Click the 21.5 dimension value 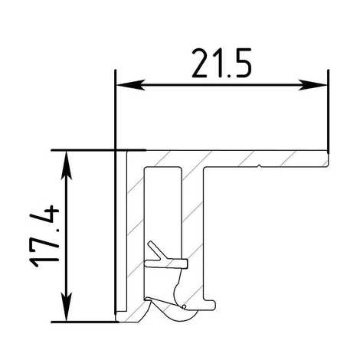(x=221, y=63)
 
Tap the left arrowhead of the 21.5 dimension (x=130, y=85)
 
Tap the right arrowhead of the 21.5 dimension (x=313, y=85)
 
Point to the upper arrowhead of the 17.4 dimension (x=66, y=164)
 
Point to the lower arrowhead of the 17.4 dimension (x=66, y=307)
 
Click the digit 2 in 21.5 (x=201, y=63)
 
